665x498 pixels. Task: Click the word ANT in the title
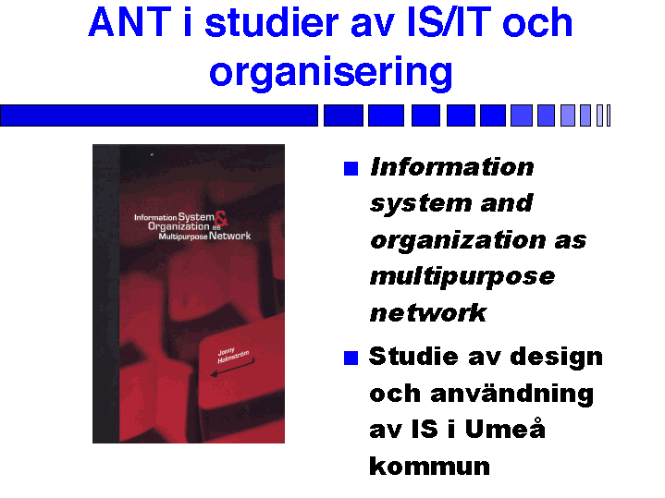pos(129,22)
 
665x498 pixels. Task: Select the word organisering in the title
pos(331,72)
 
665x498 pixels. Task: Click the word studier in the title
pos(272,22)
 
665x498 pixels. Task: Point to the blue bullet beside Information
pos(351,168)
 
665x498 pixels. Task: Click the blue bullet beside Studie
pos(351,358)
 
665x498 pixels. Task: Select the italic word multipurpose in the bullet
pos(462,277)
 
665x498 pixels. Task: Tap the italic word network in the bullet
pos(428,313)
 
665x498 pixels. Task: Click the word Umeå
pos(505,428)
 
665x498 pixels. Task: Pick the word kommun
pos(430,466)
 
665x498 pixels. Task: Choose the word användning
pos(511,394)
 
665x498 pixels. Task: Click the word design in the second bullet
pos(556,357)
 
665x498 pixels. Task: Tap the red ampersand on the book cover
pos(221,218)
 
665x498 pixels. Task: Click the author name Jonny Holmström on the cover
pos(232,356)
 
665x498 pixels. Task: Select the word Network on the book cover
pos(230,237)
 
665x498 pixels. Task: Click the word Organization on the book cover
pos(179,226)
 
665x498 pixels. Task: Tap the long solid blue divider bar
pos(159,115)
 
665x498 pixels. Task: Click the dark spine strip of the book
pos(106,294)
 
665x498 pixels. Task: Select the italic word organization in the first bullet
pos(458,241)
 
